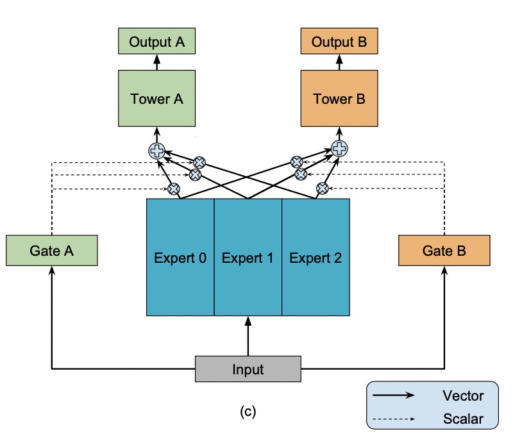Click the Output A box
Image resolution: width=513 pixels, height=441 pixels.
(x=156, y=41)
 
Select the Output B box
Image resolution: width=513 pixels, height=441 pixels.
(x=339, y=41)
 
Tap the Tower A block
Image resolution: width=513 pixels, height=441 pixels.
(x=156, y=98)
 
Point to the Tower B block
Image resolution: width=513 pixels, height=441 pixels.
(x=339, y=98)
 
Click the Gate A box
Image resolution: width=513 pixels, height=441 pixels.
(x=52, y=250)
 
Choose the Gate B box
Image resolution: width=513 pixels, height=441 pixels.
(x=444, y=250)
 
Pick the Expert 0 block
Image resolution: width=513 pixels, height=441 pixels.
(x=180, y=257)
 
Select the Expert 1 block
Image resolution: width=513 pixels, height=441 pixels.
(x=248, y=257)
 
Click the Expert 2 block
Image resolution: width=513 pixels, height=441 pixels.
(x=315, y=257)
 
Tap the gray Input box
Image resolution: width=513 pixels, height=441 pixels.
(x=248, y=369)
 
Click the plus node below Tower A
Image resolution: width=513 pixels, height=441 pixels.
(x=156, y=151)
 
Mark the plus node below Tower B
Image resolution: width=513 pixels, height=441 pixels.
(x=339, y=149)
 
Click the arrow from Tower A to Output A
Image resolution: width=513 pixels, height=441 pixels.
(x=157, y=62)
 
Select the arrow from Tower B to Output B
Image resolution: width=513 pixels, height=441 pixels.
(x=340, y=62)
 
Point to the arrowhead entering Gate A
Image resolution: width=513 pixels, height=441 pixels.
(x=52, y=270)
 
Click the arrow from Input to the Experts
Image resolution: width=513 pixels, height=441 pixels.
(x=248, y=336)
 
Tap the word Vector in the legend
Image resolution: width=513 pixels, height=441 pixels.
(x=463, y=395)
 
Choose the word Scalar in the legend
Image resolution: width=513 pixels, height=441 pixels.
(x=463, y=419)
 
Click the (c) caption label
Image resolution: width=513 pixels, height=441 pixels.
(x=248, y=412)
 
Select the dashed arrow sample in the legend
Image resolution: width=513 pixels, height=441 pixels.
(x=394, y=419)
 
